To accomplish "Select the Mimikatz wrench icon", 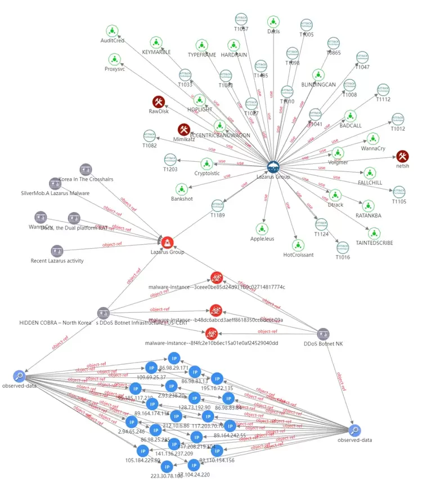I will tap(184, 130).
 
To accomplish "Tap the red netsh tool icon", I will tap(402, 156).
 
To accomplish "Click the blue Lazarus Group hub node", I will tap(274, 166).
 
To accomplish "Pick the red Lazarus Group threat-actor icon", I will tap(168, 242).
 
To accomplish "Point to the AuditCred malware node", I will tap(113, 30).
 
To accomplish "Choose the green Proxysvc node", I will tap(114, 59).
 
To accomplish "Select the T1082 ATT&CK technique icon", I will tap(150, 135).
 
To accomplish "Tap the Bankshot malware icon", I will tap(182, 189).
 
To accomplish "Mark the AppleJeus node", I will tap(261, 228).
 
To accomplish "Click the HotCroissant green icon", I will tap(298, 245).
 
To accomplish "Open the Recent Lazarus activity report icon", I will tap(57, 251).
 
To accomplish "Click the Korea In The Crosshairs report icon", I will tap(86, 169).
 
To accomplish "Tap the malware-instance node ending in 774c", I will tap(217, 277).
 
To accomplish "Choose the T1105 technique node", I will tap(398, 191).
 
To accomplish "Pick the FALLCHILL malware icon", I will tap(370, 173).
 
